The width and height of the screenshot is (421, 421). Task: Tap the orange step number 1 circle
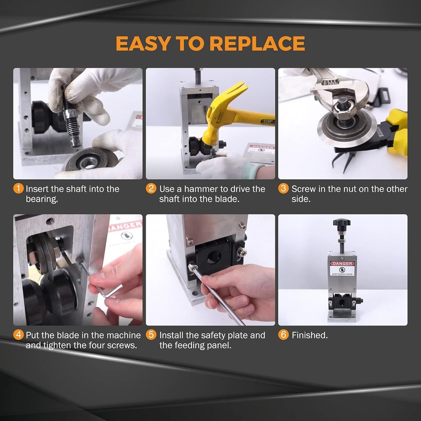click(x=19, y=189)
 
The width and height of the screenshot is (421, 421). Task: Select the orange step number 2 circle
click(x=151, y=189)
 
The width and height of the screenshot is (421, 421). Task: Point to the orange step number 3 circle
click(x=284, y=189)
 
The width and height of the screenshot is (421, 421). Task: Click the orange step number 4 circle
click(x=19, y=335)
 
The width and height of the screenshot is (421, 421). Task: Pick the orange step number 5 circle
click(x=151, y=335)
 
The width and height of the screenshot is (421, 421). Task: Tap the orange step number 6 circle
click(x=284, y=335)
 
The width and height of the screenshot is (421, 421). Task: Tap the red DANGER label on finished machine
click(x=342, y=264)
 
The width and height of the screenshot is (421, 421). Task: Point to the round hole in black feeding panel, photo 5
click(x=213, y=257)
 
